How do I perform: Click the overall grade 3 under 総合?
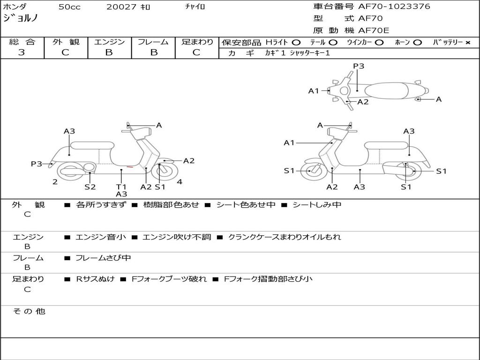pyautogui.click(x=22, y=52)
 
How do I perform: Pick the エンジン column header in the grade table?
pyautogui.click(x=109, y=42)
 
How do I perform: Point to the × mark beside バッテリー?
pyautogui.click(x=467, y=42)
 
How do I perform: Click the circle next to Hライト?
pyautogui.click(x=296, y=42)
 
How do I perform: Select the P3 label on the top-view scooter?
pyautogui.click(x=359, y=66)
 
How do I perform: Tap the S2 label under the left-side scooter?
pyautogui.click(x=90, y=187)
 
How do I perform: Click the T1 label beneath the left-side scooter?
pyautogui.click(x=121, y=187)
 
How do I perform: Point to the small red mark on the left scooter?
pyautogui.click(x=130, y=166)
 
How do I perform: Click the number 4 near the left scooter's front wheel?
pyautogui.click(x=180, y=182)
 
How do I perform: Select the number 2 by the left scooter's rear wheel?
pyautogui.click(x=55, y=182)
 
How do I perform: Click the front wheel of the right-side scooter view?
pyautogui.click(x=310, y=171)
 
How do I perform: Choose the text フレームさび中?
pyautogui.click(x=103, y=258)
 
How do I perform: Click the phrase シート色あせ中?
pyautogui.click(x=246, y=204)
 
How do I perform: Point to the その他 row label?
pyautogui.click(x=29, y=311)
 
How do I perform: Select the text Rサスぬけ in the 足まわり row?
pyautogui.click(x=95, y=279)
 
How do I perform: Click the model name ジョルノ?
pyautogui.click(x=20, y=18)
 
